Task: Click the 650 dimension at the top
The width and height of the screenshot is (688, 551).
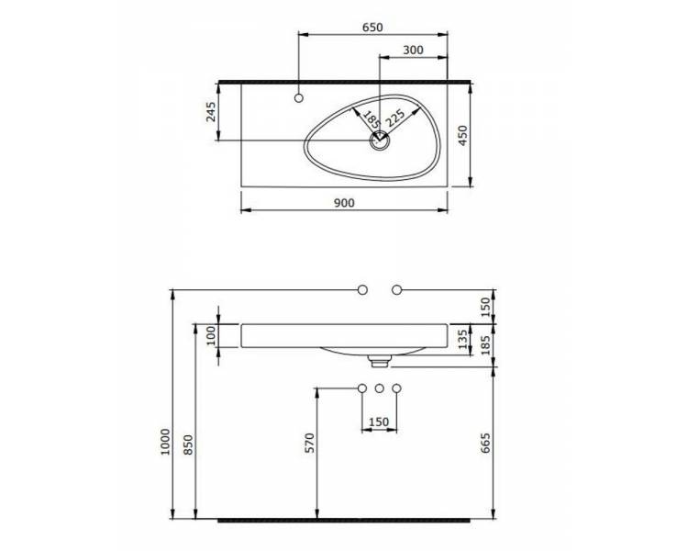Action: tap(372, 28)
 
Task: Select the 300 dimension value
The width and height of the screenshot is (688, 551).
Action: tap(413, 51)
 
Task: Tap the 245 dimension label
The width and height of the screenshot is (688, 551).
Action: tap(212, 112)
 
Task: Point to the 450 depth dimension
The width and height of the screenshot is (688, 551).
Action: tap(463, 135)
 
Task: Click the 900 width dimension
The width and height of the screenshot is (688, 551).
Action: tap(344, 203)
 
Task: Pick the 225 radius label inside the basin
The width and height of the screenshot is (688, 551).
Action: tap(395, 118)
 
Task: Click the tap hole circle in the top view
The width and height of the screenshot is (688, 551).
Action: tap(299, 98)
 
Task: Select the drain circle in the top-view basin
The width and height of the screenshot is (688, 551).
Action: tap(378, 141)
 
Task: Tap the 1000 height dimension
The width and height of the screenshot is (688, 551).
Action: tap(165, 442)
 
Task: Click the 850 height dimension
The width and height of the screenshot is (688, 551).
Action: tap(188, 444)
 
